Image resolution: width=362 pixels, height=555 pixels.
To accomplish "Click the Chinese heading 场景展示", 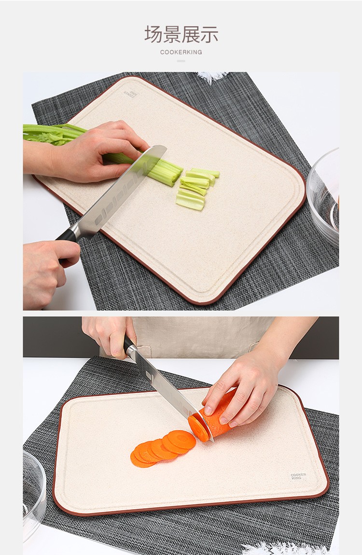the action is click(181, 34).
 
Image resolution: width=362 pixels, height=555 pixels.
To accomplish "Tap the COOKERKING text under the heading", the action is click(181, 52).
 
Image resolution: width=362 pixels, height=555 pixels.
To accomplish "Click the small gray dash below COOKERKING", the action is click(181, 61).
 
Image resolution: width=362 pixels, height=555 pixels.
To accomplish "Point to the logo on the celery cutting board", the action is click(130, 94).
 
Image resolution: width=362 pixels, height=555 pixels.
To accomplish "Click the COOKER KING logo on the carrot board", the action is click(298, 476).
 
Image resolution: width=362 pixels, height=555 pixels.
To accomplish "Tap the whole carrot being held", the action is click(212, 420).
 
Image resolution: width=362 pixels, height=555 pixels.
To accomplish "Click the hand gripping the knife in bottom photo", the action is click(110, 335).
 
